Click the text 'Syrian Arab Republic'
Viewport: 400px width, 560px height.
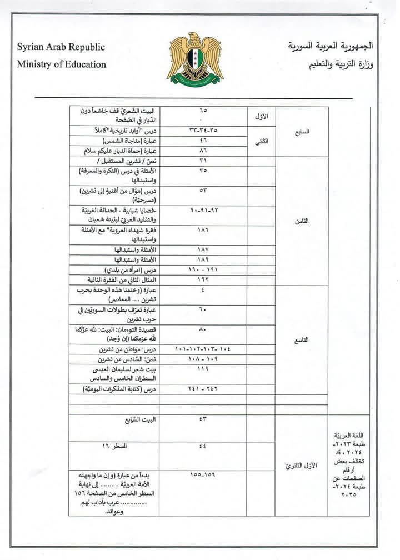(61, 47)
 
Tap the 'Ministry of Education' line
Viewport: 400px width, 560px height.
(61, 64)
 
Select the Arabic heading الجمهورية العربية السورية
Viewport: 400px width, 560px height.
(331, 46)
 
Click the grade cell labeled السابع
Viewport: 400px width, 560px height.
(301, 132)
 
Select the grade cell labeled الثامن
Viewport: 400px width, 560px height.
(301, 221)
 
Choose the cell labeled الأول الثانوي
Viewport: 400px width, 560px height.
(301, 465)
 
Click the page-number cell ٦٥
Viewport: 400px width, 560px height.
(203, 110)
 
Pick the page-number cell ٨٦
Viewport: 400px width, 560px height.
(203, 151)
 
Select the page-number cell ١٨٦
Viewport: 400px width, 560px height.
(203, 229)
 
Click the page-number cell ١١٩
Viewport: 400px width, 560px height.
(203, 368)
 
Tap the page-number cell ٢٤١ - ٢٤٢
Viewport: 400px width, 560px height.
(203, 389)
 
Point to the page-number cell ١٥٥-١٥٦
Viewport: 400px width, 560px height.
(203, 476)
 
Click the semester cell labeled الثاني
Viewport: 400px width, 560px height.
(262, 141)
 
